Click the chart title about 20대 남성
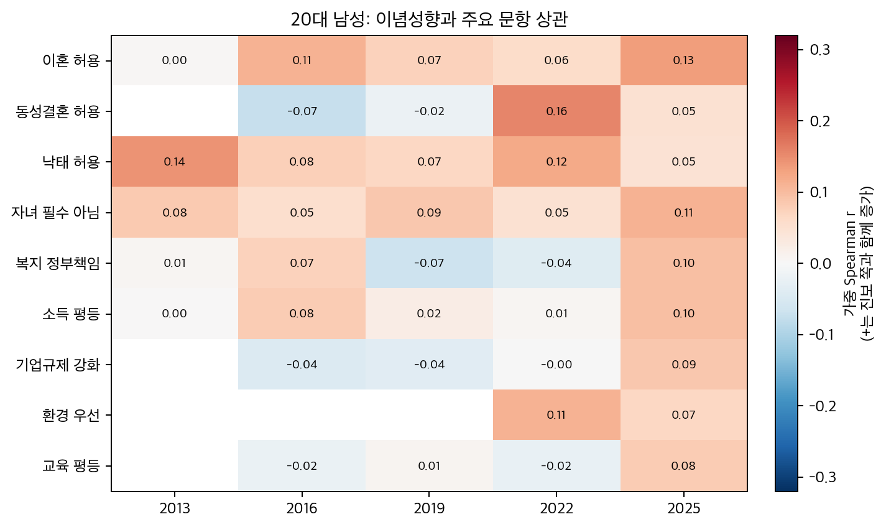tap(429, 20)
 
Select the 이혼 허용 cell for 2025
tap(683, 60)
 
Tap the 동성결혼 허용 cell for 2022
tap(556, 111)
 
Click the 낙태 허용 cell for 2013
tap(175, 162)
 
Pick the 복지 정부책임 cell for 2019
tap(429, 263)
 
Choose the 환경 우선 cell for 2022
tap(556, 415)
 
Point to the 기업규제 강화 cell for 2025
tap(683, 365)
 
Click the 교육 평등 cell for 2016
tap(302, 466)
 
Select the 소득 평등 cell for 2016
tap(302, 314)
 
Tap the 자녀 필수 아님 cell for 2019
tap(429, 213)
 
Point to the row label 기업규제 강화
tap(57, 365)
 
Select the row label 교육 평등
tap(70, 466)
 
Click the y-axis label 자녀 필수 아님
tap(55, 213)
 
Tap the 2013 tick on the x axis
tap(175, 509)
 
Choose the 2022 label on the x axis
tap(556, 509)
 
